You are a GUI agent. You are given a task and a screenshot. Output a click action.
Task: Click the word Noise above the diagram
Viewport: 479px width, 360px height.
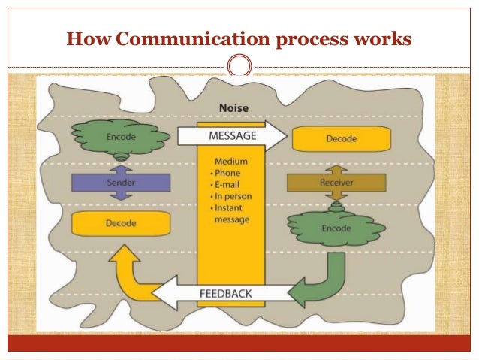233,108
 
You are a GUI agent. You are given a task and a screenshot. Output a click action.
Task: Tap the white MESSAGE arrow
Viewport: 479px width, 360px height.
231,136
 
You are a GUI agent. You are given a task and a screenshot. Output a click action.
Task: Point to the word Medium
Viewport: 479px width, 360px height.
231,161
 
